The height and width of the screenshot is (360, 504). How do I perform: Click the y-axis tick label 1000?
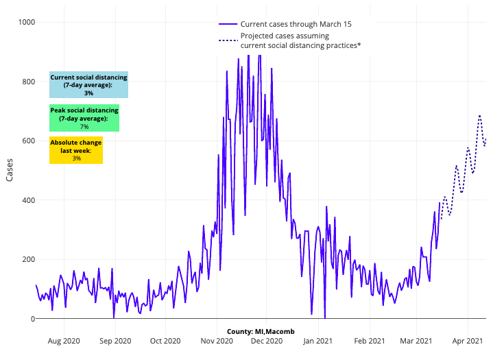point(26,23)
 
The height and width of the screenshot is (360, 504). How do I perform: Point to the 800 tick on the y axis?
point(28,82)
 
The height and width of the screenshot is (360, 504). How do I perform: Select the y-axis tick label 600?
point(28,141)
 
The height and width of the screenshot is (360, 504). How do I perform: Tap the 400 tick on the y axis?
point(28,200)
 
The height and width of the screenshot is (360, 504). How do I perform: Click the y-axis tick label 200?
point(28,260)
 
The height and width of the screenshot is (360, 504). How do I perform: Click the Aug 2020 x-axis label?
point(64,340)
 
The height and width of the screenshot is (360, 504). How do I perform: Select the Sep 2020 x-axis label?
point(115,340)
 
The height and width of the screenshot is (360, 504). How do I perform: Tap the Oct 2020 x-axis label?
point(165,340)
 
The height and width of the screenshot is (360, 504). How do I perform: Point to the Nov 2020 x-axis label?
point(217,340)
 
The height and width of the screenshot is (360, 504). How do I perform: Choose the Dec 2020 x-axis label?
point(266,340)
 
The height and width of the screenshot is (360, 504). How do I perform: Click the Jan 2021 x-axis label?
point(318,340)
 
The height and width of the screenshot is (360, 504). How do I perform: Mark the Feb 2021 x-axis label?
point(369,340)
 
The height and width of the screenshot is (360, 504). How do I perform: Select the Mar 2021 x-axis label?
point(416,340)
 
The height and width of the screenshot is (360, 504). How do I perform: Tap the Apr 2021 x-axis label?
point(467,340)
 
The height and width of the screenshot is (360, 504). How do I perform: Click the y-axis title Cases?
point(10,170)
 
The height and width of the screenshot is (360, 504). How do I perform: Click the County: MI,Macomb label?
point(261,332)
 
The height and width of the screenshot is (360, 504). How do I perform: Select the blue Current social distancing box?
point(88,85)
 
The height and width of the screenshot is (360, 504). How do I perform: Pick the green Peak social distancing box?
point(84,118)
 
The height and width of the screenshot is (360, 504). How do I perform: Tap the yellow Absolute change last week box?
point(76,151)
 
